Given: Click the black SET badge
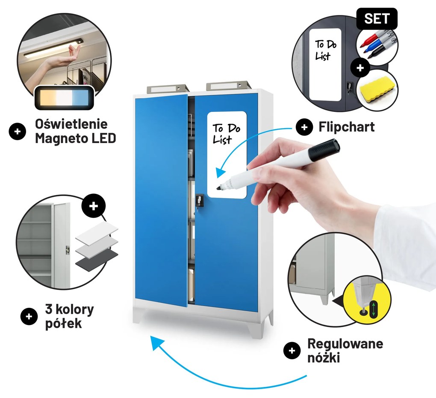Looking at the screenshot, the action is click(377, 18).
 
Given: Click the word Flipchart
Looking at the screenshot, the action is click(347, 127).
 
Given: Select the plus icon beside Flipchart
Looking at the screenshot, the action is click(304, 127).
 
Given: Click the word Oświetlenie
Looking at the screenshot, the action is click(71, 123).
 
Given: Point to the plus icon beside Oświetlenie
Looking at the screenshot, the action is click(17, 131).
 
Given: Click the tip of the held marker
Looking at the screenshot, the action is click(218, 189).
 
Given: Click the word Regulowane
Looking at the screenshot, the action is click(345, 344).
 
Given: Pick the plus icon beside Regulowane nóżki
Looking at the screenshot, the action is click(292, 351).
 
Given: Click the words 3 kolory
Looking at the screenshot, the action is click(70, 309).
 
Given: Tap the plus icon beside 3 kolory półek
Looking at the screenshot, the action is click(29, 316).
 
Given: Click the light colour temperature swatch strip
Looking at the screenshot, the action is click(64, 98).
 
